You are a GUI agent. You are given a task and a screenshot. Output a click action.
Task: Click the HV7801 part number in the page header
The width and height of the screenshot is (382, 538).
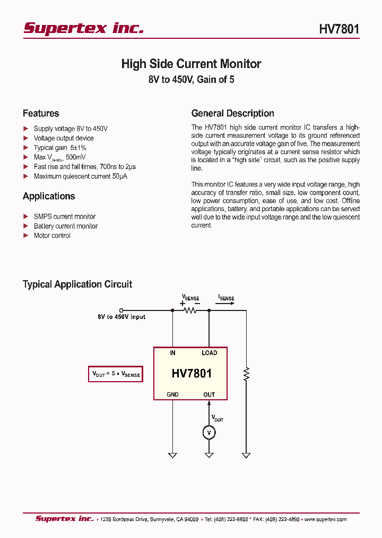[338, 29]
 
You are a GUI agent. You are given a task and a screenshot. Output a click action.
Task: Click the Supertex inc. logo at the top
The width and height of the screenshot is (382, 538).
[83, 28]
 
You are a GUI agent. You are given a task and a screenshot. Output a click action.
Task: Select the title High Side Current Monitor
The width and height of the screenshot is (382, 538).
[191, 64]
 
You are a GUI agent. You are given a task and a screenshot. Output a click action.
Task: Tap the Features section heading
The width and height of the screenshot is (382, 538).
[41, 113]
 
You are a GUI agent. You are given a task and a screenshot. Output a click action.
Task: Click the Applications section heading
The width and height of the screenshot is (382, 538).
[49, 196]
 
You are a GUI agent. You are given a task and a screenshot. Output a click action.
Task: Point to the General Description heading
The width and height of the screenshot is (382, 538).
[232, 113]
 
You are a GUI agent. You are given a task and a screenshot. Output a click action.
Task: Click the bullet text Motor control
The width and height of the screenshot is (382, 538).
[52, 236]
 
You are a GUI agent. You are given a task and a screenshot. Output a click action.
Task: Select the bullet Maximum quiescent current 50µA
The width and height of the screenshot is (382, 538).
[80, 176]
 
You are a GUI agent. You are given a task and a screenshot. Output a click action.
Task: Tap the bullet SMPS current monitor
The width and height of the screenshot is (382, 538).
[65, 216]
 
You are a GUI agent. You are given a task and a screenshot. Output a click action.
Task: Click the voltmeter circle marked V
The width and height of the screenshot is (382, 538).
[209, 433]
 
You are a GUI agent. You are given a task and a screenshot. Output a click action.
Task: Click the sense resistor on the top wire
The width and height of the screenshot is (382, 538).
[190, 310]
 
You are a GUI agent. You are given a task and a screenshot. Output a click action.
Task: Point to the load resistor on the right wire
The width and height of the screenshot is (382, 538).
[246, 374]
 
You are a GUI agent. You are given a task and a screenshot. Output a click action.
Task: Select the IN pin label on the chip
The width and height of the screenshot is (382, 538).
[172, 353]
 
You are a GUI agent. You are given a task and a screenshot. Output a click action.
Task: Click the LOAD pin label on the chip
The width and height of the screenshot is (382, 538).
[209, 353]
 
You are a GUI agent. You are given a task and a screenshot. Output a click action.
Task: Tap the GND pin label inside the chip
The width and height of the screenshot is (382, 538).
[172, 394]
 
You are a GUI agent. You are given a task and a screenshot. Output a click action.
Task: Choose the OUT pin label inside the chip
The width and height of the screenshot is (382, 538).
[209, 394]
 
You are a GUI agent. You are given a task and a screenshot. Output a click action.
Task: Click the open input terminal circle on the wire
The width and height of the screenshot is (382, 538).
[121, 310]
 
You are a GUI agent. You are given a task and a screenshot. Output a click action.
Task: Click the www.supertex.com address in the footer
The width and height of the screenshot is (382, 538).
[325, 519]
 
